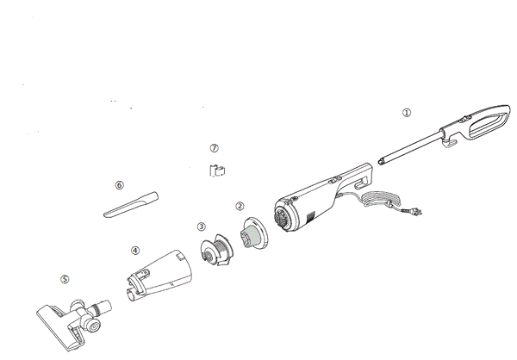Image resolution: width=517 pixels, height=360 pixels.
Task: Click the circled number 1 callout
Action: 407,113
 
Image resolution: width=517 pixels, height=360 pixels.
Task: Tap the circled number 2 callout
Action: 240,206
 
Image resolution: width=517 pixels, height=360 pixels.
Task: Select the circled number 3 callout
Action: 201,227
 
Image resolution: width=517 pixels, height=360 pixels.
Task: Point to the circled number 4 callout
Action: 135,251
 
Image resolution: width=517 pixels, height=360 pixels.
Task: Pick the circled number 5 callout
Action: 65,279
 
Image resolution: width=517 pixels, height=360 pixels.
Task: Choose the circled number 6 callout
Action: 120,185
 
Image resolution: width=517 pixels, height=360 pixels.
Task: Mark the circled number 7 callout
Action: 214,148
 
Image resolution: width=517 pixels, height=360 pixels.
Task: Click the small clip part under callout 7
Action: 217,171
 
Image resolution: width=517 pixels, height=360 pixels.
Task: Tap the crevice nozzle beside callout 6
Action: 131,204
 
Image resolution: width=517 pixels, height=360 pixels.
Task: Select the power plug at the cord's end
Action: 412,212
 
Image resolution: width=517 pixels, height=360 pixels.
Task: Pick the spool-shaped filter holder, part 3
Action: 216,250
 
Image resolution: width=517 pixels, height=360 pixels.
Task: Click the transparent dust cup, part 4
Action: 159,275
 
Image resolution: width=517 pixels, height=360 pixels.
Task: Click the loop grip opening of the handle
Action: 488,124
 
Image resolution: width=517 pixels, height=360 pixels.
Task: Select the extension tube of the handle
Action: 410,147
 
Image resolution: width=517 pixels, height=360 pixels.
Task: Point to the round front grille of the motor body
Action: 283,217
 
